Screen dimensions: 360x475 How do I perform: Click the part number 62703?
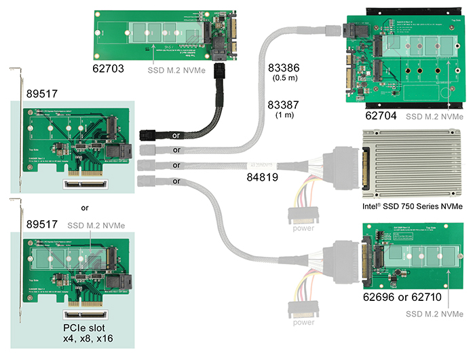(111, 68)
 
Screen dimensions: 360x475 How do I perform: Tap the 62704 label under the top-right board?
(381, 116)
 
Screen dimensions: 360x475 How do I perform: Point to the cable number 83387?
(285, 105)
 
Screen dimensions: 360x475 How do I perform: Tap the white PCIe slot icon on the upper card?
(85, 183)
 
